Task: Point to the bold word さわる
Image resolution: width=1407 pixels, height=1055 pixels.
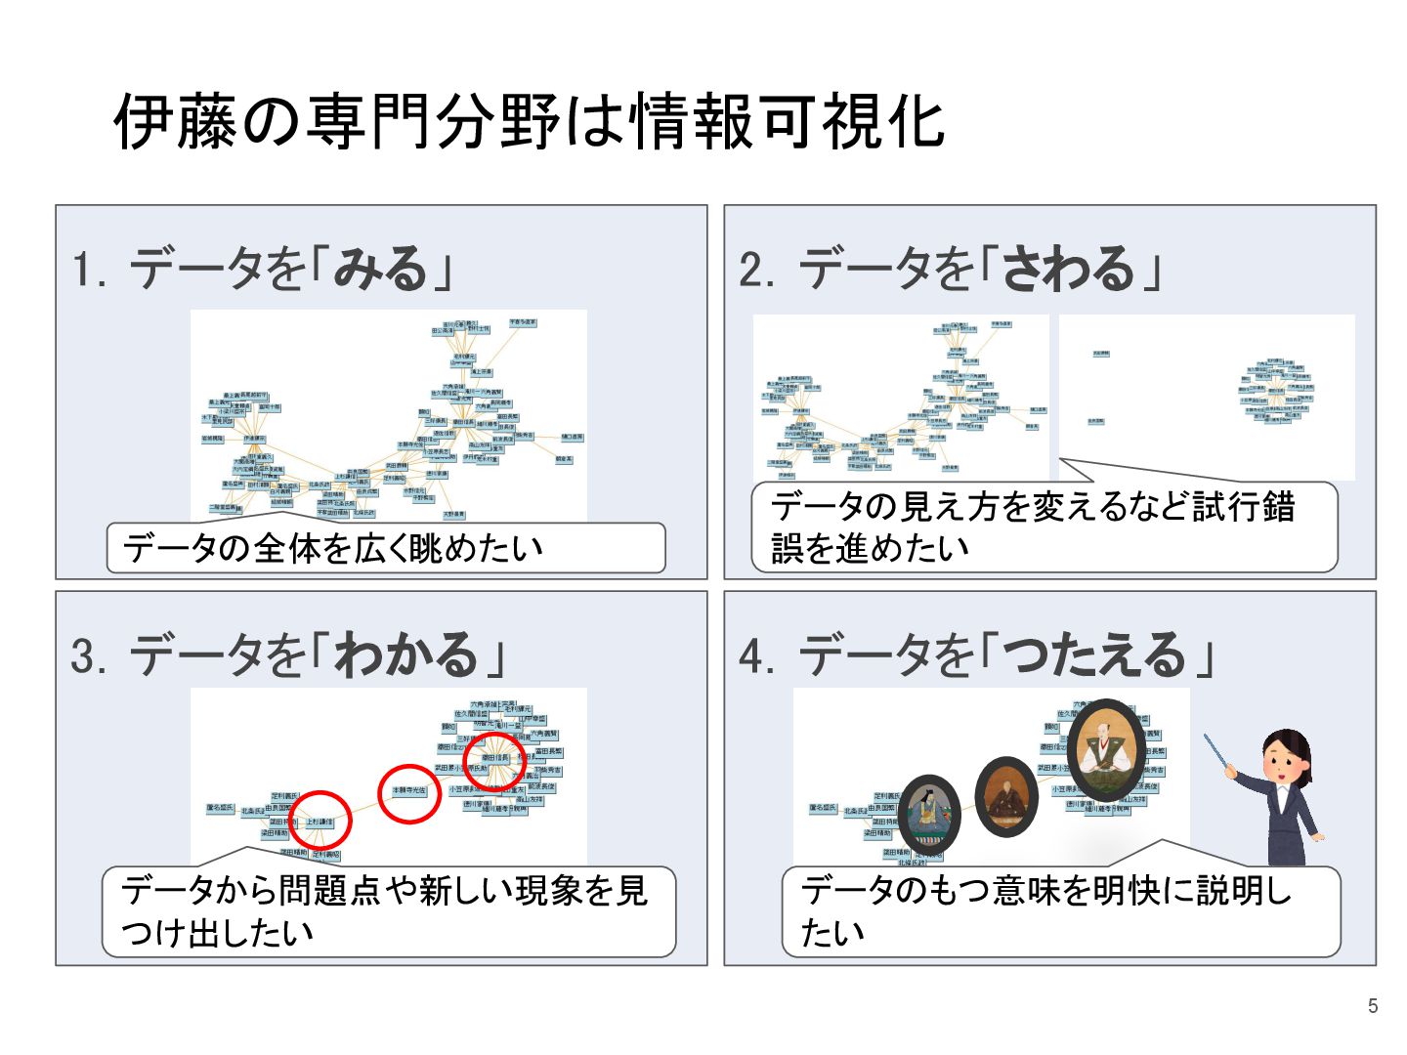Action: click(1067, 268)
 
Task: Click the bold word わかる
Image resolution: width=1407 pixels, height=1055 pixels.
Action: click(405, 654)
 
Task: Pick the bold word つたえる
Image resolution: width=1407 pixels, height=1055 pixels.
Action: click(1093, 654)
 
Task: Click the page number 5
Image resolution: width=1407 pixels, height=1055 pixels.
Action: click(1373, 1006)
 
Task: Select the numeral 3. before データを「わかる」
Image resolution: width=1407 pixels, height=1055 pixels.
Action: click(89, 656)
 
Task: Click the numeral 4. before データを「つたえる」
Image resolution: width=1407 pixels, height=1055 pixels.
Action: click(757, 656)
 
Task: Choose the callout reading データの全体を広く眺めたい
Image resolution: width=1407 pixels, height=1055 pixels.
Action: click(385, 548)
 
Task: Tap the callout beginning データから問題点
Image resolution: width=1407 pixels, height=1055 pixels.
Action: click(388, 910)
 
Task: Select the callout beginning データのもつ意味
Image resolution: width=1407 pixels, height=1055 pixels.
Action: click(1060, 910)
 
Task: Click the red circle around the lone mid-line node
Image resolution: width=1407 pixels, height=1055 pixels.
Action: click(409, 792)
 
